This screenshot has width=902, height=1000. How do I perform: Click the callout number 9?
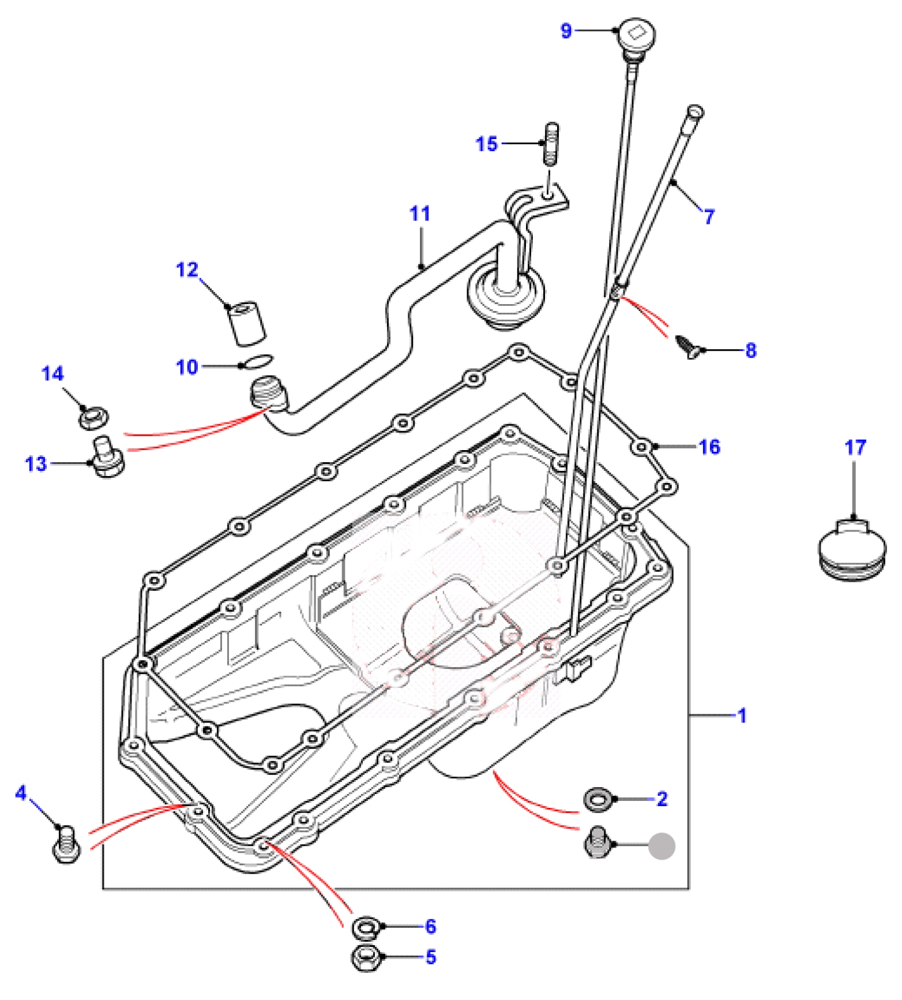(x=566, y=31)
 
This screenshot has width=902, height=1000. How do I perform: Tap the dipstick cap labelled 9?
(x=636, y=36)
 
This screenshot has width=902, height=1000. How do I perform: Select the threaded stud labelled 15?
(x=551, y=144)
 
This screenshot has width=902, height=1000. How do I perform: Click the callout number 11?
(x=420, y=214)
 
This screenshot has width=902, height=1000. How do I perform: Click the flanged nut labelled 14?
(x=94, y=417)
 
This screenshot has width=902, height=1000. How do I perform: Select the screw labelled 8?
(x=689, y=346)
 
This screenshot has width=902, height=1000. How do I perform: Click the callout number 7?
(x=709, y=217)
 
